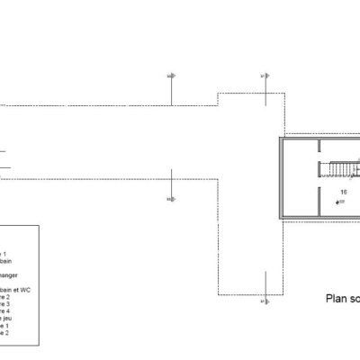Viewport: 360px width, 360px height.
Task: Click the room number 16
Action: (343, 193)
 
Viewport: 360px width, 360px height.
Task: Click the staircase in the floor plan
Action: (339, 169)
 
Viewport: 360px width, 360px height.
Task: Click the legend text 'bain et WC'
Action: (22, 292)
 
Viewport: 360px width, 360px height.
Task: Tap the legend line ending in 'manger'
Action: (11, 274)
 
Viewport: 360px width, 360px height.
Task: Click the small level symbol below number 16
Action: (337, 203)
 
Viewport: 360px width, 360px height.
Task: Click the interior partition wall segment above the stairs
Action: (319, 148)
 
